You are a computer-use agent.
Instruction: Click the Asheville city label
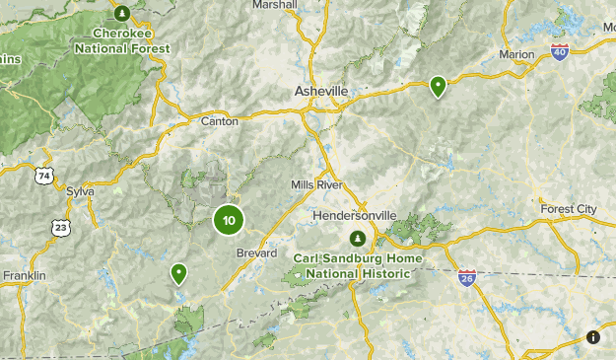tap(321, 91)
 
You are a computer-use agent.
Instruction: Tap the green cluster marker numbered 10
tap(229, 220)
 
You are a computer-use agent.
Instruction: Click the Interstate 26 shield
tap(467, 278)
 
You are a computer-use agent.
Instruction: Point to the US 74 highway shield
tap(43, 176)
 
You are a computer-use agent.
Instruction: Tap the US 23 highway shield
tap(61, 227)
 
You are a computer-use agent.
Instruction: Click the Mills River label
tap(316, 185)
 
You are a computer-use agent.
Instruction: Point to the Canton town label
tap(219, 121)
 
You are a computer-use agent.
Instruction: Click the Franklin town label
tap(25, 276)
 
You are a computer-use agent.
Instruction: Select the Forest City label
tap(569, 209)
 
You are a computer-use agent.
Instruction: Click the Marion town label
tap(516, 54)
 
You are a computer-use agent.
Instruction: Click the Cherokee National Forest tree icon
tap(122, 14)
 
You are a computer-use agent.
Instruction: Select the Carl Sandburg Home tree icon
tap(358, 239)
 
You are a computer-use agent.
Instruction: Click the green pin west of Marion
tap(438, 87)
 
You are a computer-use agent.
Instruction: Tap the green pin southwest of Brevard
tap(179, 273)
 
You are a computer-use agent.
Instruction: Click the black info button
tap(593, 337)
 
